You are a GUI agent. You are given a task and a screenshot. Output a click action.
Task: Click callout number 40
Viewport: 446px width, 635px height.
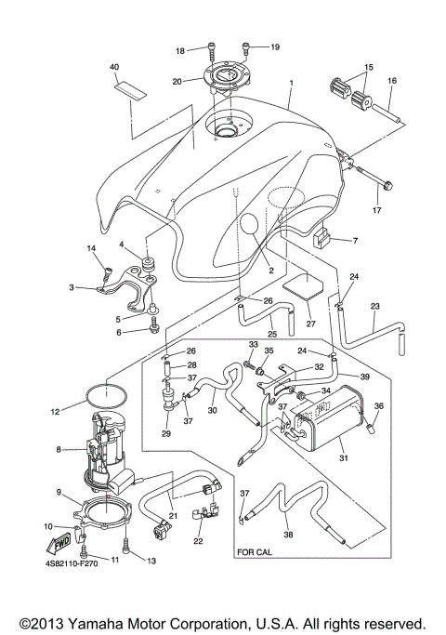click(x=115, y=68)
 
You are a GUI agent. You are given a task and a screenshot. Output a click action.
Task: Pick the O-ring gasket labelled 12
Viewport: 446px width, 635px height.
click(x=103, y=396)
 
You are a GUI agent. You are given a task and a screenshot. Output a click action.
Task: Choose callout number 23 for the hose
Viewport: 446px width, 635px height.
click(x=375, y=306)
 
